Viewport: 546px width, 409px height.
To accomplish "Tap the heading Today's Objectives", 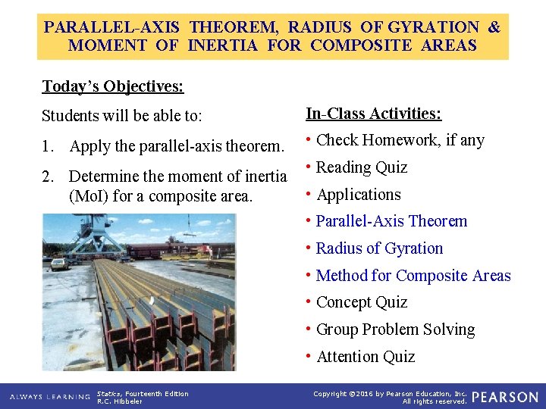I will click(x=112, y=86).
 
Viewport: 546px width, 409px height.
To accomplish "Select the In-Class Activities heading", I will click(x=373, y=114).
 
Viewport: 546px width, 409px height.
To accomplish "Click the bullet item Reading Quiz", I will click(x=361, y=167).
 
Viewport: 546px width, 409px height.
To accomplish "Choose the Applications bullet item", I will click(x=358, y=195).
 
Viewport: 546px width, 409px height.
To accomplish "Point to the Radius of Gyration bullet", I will click(x=379, y=248).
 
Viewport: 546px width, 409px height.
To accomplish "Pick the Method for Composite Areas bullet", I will click(x=413, y=276).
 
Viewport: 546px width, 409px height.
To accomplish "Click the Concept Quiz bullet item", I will click(x=361, y=302).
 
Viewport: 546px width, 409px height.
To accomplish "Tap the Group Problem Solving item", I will click(x=395, y=329).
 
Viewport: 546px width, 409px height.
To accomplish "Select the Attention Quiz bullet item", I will click(x=365, y=357).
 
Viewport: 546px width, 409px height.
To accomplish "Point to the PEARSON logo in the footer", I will click(x=504, y=397).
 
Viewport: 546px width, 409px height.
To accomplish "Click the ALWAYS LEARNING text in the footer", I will click(x=48, y=397).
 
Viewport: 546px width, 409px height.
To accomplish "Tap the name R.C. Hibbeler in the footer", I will click(x=120, y=401).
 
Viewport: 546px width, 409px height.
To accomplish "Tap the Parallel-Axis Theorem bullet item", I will click(x=391, y=221).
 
